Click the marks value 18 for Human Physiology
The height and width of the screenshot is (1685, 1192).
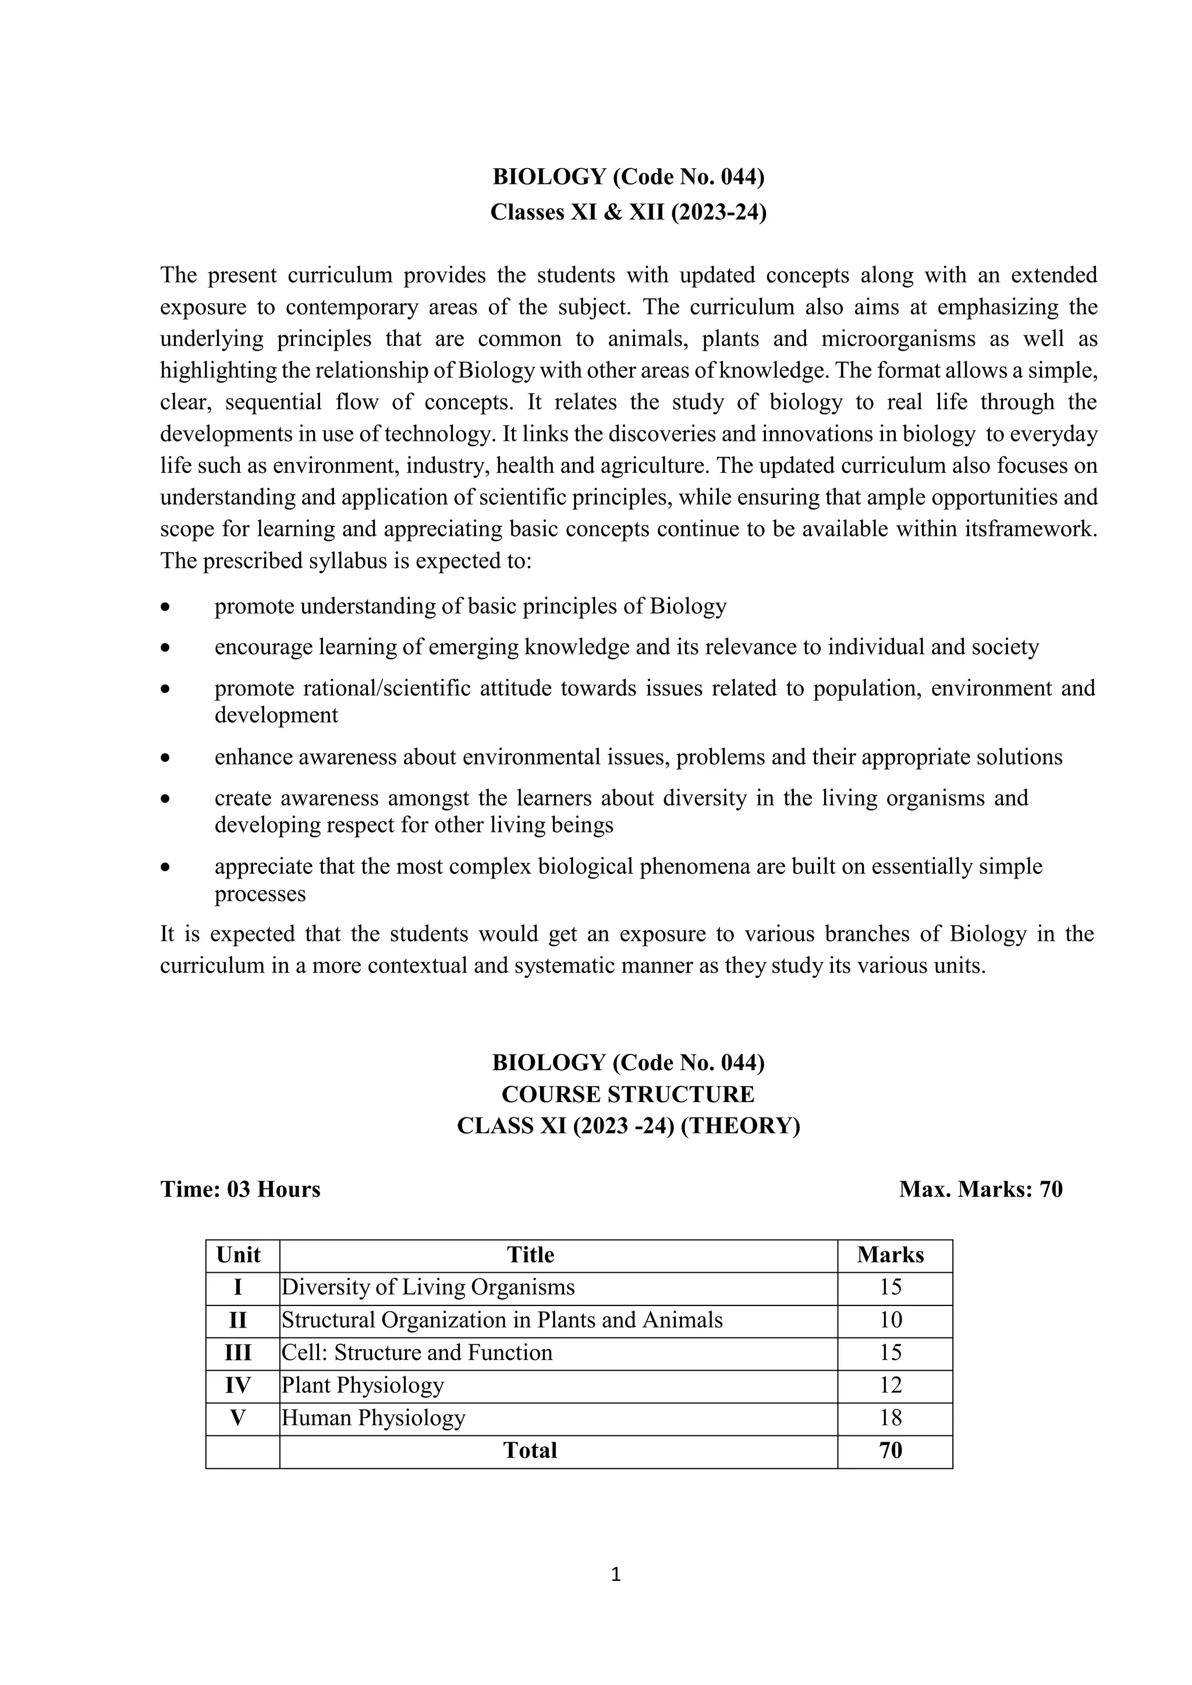coord(891,1417)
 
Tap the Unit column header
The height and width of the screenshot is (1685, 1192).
coord(239,1254)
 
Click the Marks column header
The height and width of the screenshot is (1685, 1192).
coord(891,1254)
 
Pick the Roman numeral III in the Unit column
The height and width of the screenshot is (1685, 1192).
coord(238,1353)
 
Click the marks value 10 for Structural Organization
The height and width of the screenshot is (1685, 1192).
coord(891,1319)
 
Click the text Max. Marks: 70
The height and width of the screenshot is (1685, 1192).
coord(981,1189)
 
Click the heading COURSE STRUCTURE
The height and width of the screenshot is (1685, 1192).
coord(627,1094)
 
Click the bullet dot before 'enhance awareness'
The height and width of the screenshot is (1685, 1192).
coord(166,757)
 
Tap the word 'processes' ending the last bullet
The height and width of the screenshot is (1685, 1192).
coord(260,894)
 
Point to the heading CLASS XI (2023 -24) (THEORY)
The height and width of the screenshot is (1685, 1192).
coord(627,1125)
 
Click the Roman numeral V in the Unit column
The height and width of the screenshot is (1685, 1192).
coord(238,1417)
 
